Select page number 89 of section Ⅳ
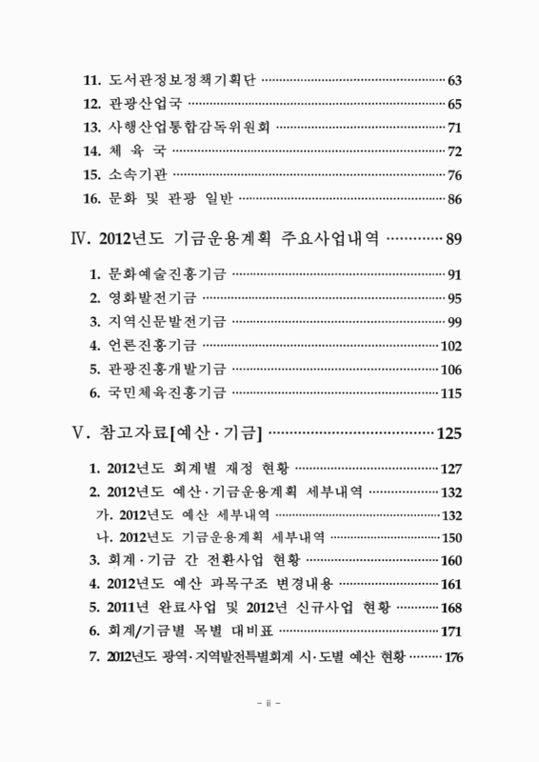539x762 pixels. [x=453, y=237]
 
